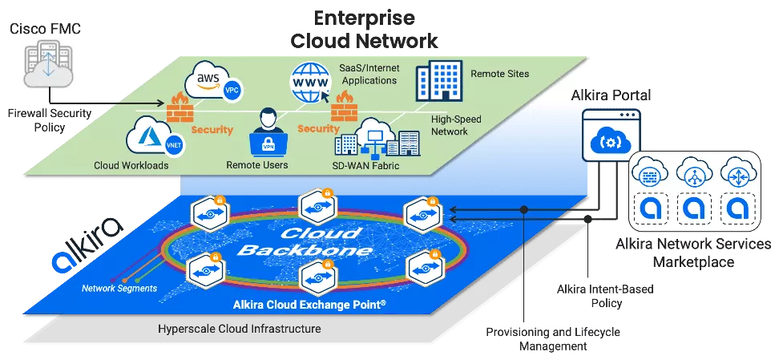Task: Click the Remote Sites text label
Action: (x=499, y=74)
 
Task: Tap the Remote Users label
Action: (x=257, y=166)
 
